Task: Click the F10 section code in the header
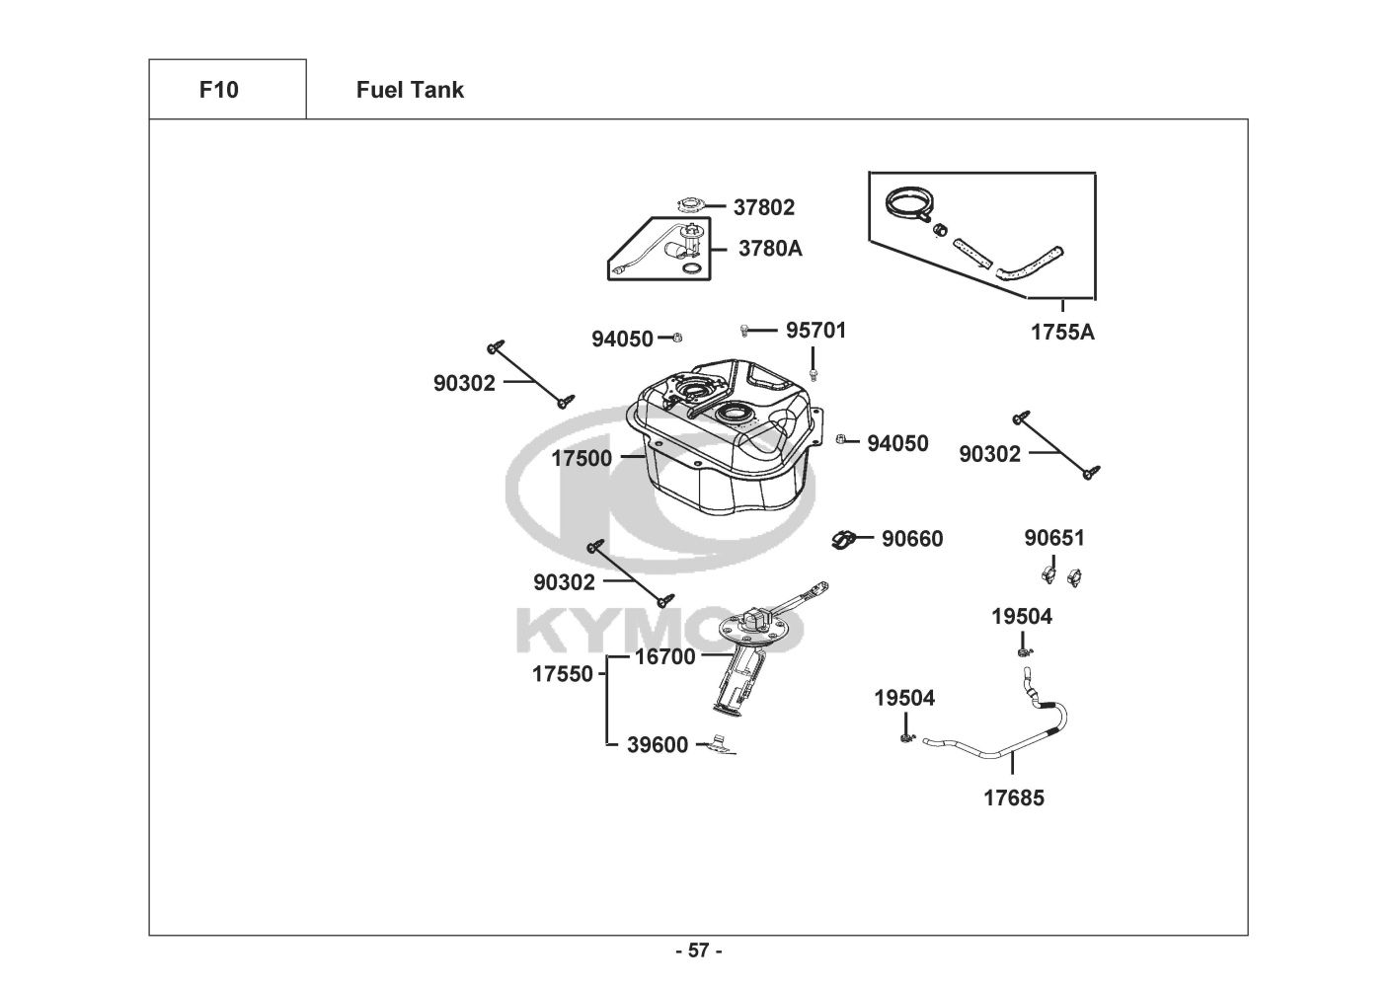218,90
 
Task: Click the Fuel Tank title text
410,90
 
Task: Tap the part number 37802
763,207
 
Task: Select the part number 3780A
770,249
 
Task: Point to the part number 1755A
1062,333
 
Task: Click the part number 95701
815,330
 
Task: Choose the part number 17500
582,458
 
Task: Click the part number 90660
912,539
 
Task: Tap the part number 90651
1053,538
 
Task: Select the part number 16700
664,656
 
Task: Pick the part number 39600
658,745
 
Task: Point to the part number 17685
1013,797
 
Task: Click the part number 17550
563,674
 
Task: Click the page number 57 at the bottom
698,951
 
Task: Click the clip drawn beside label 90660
843,540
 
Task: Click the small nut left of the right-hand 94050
841,439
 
